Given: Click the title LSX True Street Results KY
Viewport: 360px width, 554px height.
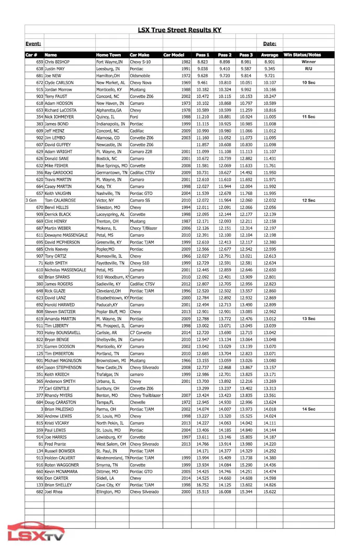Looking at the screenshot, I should pos(179,30).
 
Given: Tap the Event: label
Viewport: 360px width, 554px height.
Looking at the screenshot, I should pos(33,44).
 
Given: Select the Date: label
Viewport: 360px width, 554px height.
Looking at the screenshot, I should pos(269,44).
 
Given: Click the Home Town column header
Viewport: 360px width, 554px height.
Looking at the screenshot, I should pos(108,55).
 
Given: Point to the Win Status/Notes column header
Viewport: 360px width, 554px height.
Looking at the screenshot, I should pos(302,55).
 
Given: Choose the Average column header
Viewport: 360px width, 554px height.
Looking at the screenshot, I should pos(269,55).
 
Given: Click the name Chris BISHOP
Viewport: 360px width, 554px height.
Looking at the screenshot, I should pos(57,62).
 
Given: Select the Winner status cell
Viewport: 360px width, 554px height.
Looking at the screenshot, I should pos(309,62).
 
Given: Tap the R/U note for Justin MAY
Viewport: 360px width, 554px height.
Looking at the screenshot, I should pos(309,69).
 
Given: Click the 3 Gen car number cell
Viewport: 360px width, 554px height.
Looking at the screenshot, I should pos(31,200).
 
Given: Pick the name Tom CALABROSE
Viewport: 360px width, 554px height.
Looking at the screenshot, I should pos(60,200).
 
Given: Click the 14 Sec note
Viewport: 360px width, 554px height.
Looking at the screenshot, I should pos(309,409).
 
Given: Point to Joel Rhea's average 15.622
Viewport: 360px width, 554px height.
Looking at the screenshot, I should pos(269,492).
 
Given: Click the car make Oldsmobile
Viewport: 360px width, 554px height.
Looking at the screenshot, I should pos(142,75).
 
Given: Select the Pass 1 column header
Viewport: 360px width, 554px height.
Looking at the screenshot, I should pos(202,55).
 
